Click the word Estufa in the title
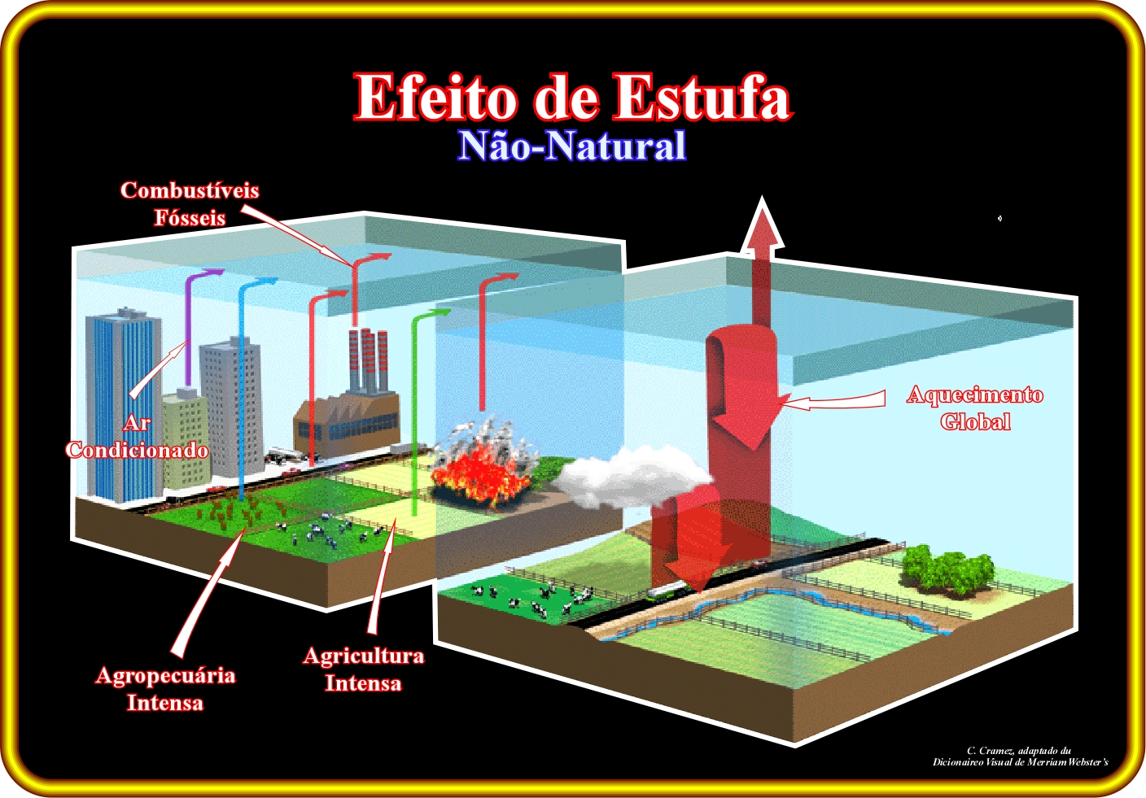coord(703,97)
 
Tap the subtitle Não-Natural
coord(571,146)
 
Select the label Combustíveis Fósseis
coord(190,204)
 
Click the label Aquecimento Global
coord(974,408)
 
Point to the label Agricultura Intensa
coord(364,669)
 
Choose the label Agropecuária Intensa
coord(165,689)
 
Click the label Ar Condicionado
coord(137,436)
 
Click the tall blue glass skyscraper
coord(123,407)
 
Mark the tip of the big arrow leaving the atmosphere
coord(762,196)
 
